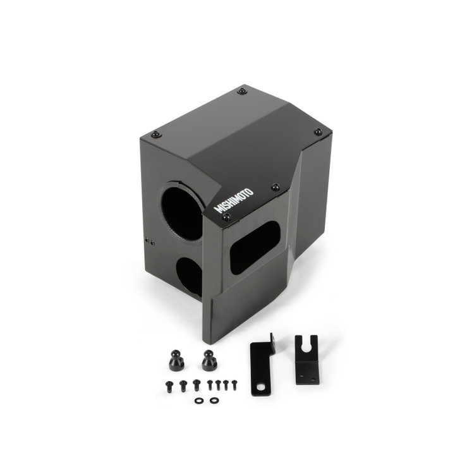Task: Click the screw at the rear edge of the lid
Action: (242, 91)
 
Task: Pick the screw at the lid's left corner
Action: (156, 134)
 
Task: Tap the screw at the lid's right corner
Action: (318, 132)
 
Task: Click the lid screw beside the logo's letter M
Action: (227, 217)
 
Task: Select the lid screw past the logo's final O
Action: (275, 187)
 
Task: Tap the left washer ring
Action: (199, 400)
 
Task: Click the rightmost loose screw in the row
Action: (234, 383)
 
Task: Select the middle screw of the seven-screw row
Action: (210, 384)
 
